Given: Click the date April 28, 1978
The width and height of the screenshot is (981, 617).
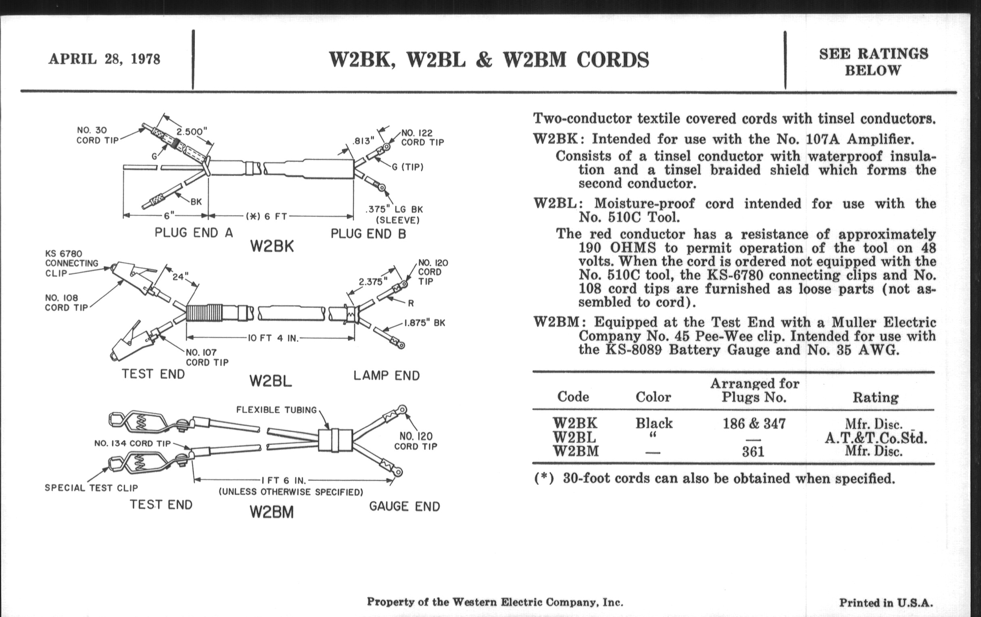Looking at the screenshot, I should [104, 59].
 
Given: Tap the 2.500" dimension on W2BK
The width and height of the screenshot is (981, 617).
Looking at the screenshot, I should [192, 131].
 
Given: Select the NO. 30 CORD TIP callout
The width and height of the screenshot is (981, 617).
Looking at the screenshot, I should [98, 135].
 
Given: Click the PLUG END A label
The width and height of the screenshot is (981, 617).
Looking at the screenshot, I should [194, 233].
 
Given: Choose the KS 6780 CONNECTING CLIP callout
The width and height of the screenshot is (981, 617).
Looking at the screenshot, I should [71, 263].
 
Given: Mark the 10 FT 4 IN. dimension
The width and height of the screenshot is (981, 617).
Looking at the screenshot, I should [273, 338].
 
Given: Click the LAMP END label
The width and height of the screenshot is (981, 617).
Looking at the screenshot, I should [386, 375].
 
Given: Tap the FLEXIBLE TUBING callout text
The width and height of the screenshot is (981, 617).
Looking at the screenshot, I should [276, 410].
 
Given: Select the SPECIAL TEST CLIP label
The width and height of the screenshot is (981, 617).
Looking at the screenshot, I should [91, 488].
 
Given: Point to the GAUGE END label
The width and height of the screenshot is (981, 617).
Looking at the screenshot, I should [404, 507].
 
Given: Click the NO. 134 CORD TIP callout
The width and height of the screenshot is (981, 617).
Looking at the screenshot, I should [132, 444].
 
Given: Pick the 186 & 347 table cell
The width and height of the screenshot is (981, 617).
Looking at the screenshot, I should [753, 424].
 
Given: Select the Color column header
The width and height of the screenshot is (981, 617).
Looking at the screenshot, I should [653, 397].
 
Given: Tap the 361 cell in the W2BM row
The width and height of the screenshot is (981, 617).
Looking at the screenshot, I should [753, 452].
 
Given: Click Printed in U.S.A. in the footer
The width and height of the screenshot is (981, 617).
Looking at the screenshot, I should [886, 603].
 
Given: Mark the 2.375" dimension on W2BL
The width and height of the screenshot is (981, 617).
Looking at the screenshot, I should [373, 281].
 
